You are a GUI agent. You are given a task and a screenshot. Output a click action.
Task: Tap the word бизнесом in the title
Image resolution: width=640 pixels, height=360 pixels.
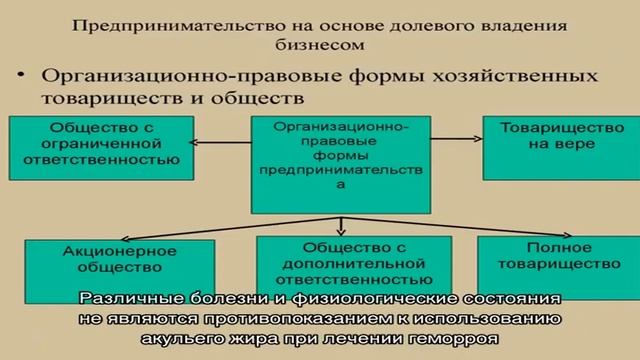tap(319, 44)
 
